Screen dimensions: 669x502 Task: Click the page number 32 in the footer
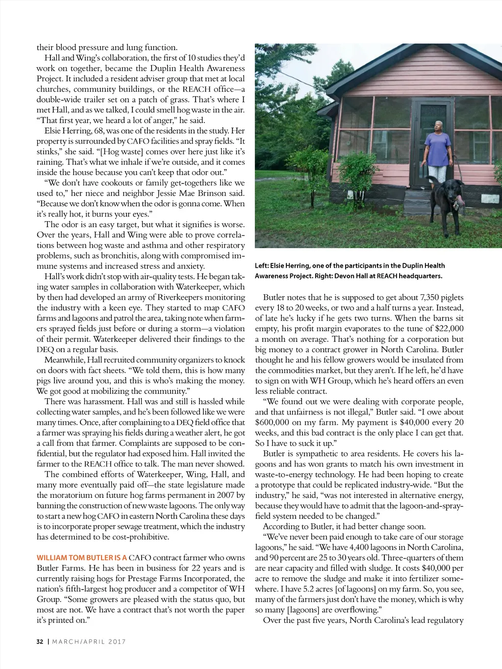click(x=40, y=642)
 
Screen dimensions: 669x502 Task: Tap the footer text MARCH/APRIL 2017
click(x=89, y=642)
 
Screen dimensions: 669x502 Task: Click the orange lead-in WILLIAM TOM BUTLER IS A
click(x=81, y=558)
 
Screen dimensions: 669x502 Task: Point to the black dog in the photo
click(x=447, y=198)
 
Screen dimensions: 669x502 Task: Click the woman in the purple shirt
click(x=437, y=152)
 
